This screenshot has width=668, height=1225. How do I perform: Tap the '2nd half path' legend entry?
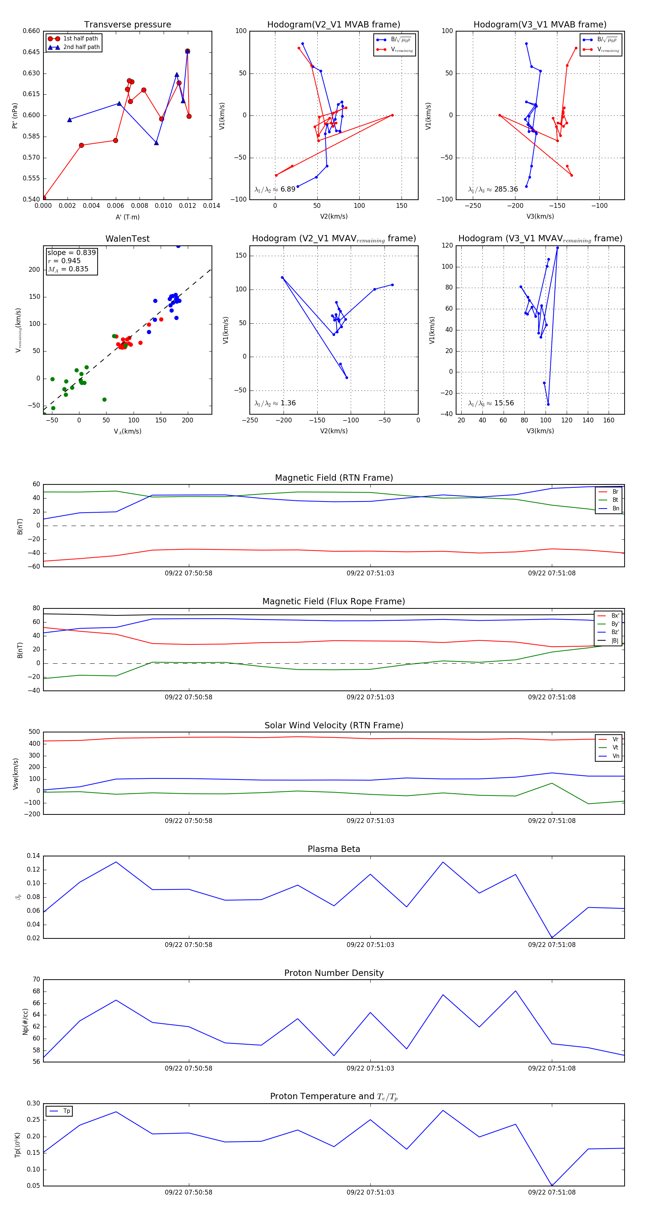coord(81,47)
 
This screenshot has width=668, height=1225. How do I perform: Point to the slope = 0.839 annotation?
coord(71,252)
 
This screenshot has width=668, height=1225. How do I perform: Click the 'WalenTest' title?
coord(127,239)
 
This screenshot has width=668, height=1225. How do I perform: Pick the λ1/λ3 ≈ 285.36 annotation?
coord(493,189)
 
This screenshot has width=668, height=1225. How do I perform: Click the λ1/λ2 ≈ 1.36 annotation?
coord(275,403)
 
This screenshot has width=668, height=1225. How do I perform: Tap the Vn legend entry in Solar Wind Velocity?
coord(615,756)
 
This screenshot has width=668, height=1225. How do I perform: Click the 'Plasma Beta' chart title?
coord(334,849)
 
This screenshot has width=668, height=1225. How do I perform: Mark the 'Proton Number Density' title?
coord(334,973)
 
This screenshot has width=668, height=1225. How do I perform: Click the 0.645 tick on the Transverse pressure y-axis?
coord(32,52)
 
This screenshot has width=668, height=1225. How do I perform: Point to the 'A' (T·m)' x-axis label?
coord(127,217)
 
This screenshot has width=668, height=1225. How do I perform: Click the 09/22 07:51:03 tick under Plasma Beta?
coord(370,944)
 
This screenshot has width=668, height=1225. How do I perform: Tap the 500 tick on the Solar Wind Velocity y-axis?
coord(34,732)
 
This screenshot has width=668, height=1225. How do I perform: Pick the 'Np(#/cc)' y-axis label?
coord(25,1022)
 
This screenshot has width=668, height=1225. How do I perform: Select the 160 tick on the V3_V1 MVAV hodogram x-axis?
coord(609,420)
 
